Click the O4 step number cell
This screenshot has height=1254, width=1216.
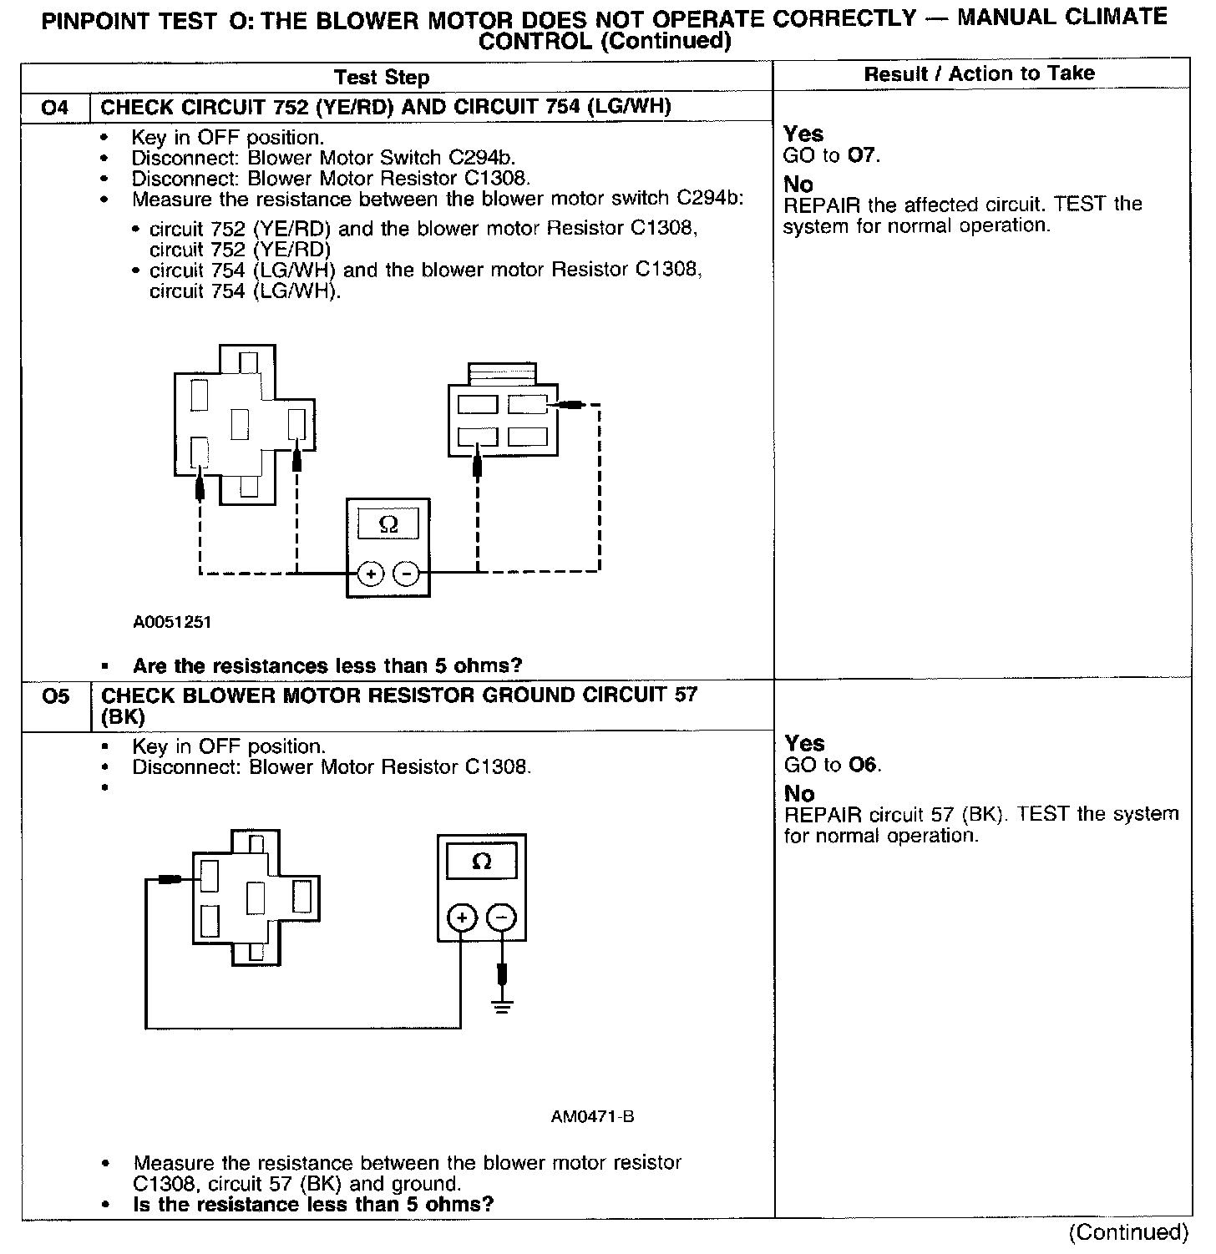pos(55,108)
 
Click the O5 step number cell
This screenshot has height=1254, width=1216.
pos(55,696)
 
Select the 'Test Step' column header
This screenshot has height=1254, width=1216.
pos(382,78)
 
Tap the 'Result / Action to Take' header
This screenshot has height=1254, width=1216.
pos(979,73)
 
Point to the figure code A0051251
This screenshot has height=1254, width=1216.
pos(172,622)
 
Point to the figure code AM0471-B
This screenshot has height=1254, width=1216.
pos(592,1117)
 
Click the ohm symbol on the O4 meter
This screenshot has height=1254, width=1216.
pos(388,524)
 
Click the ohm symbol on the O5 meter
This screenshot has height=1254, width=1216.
pos(482,862)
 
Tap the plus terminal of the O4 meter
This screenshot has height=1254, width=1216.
pos(370,574)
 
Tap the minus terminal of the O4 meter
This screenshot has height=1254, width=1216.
pos(406,574)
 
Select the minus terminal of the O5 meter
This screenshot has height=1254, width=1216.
pos(501,918)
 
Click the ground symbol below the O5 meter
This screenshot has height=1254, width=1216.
pos(502,1005)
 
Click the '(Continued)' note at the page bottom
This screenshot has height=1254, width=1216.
pos(1127,1232)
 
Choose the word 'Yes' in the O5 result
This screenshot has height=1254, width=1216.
pos(804,744)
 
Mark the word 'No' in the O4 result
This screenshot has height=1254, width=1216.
pos(798,185)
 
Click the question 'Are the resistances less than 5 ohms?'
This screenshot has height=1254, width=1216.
pos(327,666)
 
